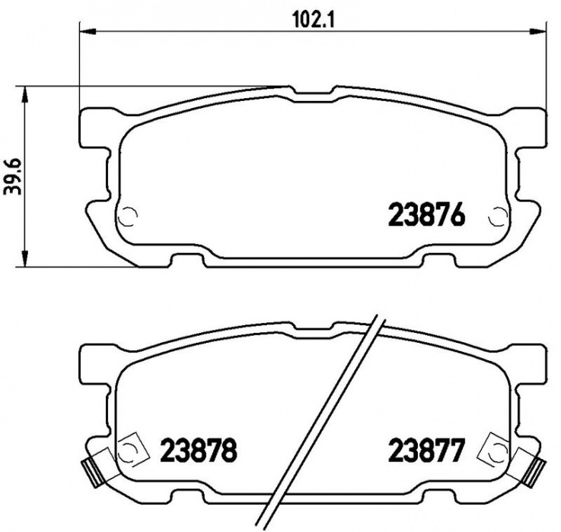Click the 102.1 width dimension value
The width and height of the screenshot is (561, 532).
coord(314,20)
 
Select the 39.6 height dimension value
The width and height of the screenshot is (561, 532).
coord(13,177)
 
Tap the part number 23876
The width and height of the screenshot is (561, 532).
coord(426,215)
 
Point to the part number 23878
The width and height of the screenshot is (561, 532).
coord(199,450)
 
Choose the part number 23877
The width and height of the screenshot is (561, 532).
coord(426,450)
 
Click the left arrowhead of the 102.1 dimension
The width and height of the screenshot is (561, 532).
coord(88,32)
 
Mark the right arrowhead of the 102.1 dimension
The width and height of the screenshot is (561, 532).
coord(537,32)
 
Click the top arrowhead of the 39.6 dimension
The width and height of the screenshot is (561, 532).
coord(24,95)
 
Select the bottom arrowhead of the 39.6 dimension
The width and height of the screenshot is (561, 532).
coord(24,258)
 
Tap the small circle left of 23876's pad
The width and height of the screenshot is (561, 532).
coord(127,217)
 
